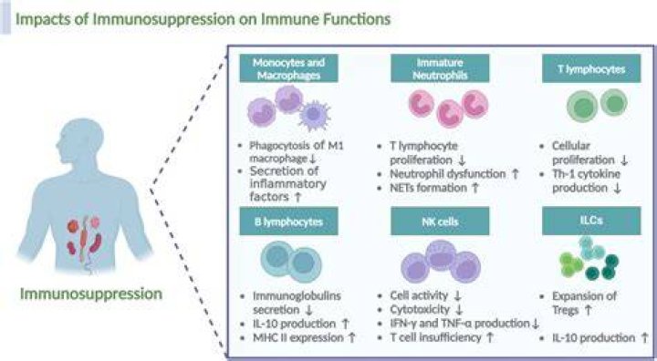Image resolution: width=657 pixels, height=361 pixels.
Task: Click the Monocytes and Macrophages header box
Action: point(288,68)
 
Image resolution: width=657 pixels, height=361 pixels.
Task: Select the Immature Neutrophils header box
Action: point(440,68)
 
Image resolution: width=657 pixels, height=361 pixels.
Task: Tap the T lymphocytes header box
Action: point(591,68)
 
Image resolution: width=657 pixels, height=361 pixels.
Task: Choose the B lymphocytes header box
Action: point(288,222)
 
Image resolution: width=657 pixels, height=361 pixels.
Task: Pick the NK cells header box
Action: point(440,222)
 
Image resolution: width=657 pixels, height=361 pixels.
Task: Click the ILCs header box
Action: point(591,221)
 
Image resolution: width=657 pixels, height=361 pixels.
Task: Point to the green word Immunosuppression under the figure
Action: point(91,294)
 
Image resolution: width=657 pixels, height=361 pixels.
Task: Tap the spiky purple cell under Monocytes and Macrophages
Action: point(313,114)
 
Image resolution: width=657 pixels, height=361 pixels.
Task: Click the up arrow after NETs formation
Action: point(475,188)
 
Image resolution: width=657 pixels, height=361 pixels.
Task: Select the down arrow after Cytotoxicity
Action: point(459,310)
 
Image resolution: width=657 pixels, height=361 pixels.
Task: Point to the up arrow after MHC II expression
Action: point(352,337)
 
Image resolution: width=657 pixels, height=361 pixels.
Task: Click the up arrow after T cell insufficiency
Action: point(489,337)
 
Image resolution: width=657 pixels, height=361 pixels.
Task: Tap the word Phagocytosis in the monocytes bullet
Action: point(280,146)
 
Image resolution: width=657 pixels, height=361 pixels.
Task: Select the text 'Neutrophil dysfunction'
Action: point(448,173)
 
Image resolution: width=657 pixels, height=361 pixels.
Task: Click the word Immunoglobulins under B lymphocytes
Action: point(297,295)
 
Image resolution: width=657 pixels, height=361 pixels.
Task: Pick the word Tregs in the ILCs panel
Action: point(565,310)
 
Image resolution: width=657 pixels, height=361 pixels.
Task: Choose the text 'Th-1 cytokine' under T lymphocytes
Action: point(586,174)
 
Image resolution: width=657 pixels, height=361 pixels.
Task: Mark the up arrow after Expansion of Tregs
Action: point(588,310)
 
